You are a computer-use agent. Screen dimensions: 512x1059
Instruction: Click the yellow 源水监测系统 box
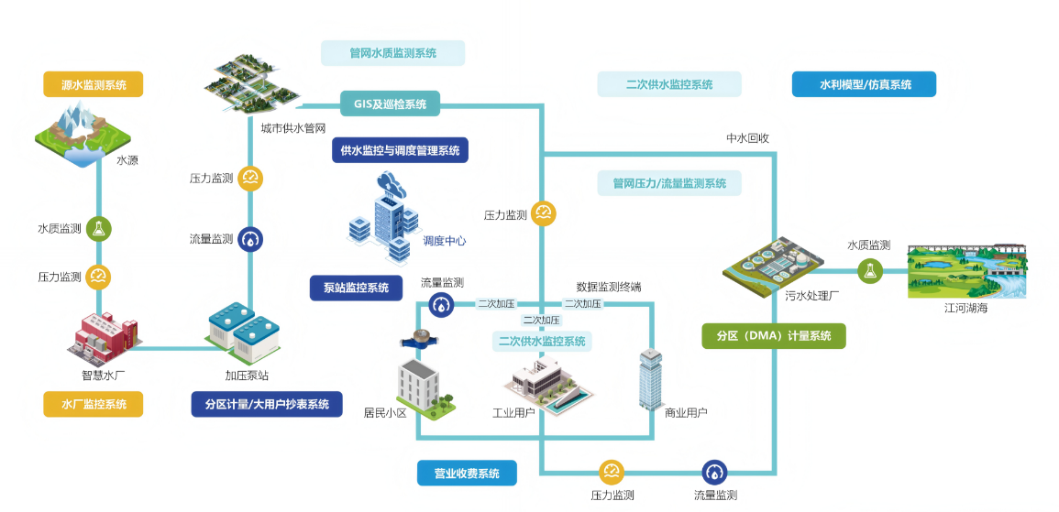point(93,85)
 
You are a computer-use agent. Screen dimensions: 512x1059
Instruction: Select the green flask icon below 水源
point(99,229)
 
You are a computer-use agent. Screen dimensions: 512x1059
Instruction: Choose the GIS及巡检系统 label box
point(390,103)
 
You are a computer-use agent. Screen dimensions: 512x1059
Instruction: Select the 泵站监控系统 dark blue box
point(356,288)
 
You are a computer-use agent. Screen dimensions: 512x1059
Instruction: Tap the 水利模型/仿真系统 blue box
point(865,84)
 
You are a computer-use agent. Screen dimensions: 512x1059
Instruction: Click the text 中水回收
point(747,139)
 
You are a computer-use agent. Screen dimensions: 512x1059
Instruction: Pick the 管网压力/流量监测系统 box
point(669,183)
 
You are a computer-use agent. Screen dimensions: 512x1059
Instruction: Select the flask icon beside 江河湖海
point(869,270)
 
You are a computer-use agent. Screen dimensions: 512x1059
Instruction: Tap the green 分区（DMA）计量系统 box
point(773,336)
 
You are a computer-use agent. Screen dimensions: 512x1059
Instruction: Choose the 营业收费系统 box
point(467,474)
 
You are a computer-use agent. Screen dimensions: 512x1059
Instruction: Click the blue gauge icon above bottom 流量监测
point(714,473)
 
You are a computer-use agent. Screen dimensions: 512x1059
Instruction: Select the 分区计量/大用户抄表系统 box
point(267,404)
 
